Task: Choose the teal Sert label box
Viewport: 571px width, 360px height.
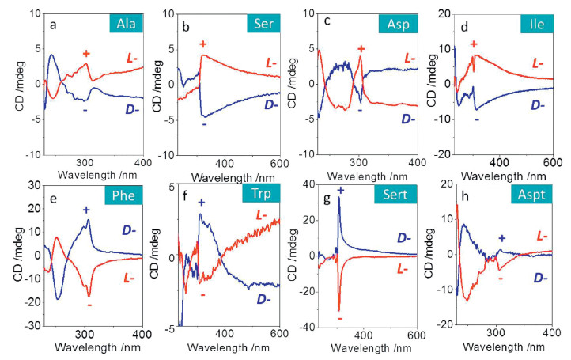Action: coord(394,194)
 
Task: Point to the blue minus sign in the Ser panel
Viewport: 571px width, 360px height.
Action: coord(204,124)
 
